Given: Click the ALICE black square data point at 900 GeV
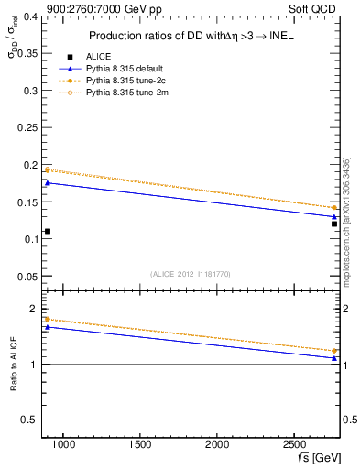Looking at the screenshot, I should [48, 231].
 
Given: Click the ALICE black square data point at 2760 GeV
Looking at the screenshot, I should [334, 224].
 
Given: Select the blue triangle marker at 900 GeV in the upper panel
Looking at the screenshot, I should [48, 182].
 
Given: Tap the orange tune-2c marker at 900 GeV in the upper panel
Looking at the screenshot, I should [48, 169].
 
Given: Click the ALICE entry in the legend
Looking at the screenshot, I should [97, 56].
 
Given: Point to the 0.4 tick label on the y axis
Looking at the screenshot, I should [27, 16].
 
